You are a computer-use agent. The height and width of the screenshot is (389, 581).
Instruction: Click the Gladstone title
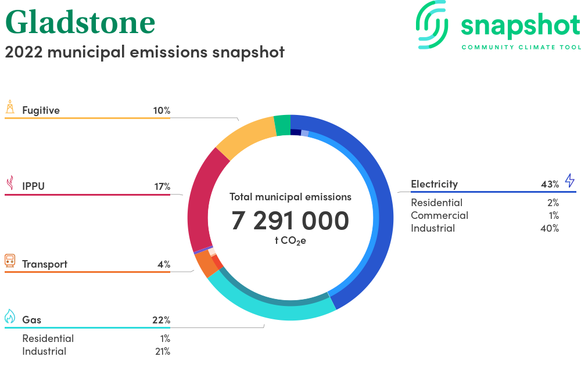(x=80, y=22)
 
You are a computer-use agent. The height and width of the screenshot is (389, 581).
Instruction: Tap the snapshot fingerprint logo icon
(x=432, y=25)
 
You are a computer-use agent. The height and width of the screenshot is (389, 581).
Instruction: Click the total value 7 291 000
(x=290, y=221)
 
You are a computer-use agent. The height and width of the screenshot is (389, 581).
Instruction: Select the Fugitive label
(x=41, y=110)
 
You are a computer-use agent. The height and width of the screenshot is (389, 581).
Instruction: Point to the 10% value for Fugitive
(x=162, y=110)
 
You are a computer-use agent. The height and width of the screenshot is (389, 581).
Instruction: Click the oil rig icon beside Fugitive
(x=10, y=107)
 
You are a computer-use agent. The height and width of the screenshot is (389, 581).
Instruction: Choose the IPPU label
(x=33, y=186)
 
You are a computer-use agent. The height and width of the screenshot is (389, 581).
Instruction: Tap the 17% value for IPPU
(x=162, y=186)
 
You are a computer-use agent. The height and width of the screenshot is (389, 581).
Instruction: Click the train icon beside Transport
(x=10, y=261)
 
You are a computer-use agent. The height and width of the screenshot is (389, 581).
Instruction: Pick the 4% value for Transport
(x=164, y=264)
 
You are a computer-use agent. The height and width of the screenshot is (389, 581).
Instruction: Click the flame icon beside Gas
(x=10, y=316)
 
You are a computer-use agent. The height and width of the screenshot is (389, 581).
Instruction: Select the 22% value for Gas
(x=161, y=320)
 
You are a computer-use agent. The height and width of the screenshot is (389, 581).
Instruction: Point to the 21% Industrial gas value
(x=163, y=351)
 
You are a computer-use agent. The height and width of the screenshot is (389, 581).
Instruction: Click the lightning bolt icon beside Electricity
(x=570, y=180)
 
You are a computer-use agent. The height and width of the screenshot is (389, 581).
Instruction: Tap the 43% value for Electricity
(x=550, y=184)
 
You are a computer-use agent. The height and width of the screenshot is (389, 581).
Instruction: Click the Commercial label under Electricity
(x=439, y=215)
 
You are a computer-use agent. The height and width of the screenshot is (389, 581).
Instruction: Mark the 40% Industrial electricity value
(x=550, y=228)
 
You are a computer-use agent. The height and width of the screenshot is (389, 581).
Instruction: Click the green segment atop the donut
(x=282, y=125)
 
